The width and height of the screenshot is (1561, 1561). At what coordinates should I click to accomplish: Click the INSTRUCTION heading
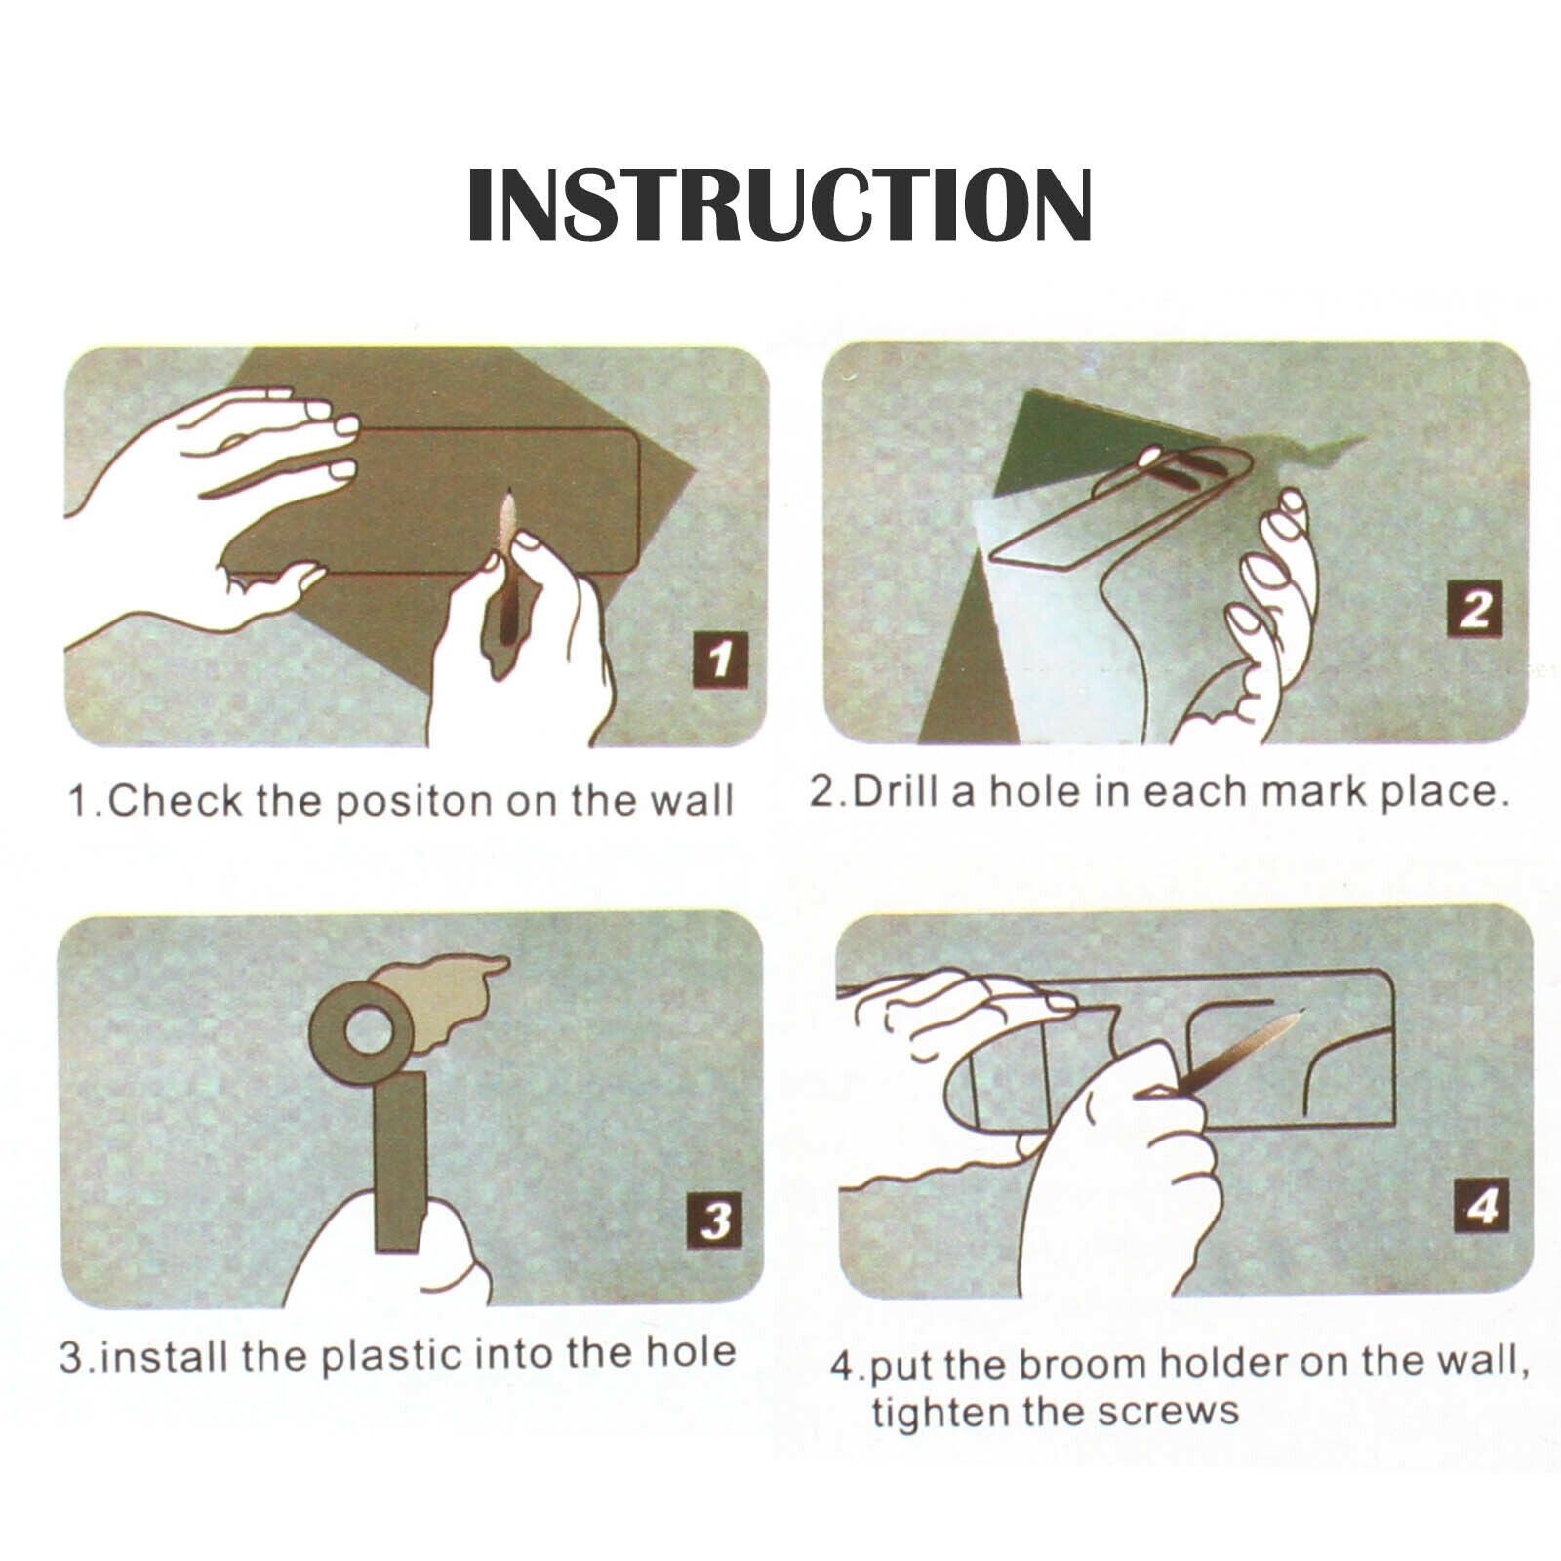pos(780,204)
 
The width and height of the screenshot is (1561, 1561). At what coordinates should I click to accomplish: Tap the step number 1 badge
pos(720,659)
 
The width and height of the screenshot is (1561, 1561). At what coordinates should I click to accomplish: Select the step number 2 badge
pos(1474,610)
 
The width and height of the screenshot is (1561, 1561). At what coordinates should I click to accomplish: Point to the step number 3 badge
pos(715,1221)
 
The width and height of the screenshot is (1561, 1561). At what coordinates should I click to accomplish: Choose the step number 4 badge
pos(1482,1207)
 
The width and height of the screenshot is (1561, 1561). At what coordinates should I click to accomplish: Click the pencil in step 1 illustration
pos(506,566)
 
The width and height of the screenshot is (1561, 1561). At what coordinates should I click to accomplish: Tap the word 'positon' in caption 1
pos(414,802)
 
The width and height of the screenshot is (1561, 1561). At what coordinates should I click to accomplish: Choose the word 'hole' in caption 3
pos(691,1352)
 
